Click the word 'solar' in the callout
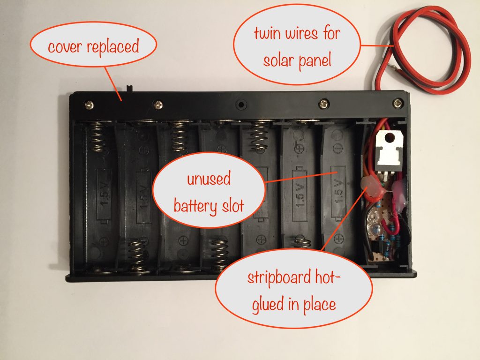coord(280,60)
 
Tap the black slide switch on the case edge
coord(130,88)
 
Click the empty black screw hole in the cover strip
coord(241,103)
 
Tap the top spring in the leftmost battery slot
coord(97,136)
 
